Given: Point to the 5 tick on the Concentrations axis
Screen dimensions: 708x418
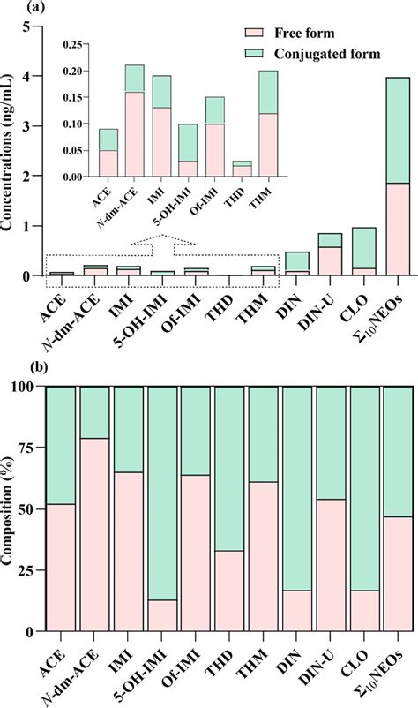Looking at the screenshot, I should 26,26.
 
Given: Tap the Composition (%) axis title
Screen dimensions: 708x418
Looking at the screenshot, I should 8,508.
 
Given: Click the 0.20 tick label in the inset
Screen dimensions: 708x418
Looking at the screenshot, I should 60,71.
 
